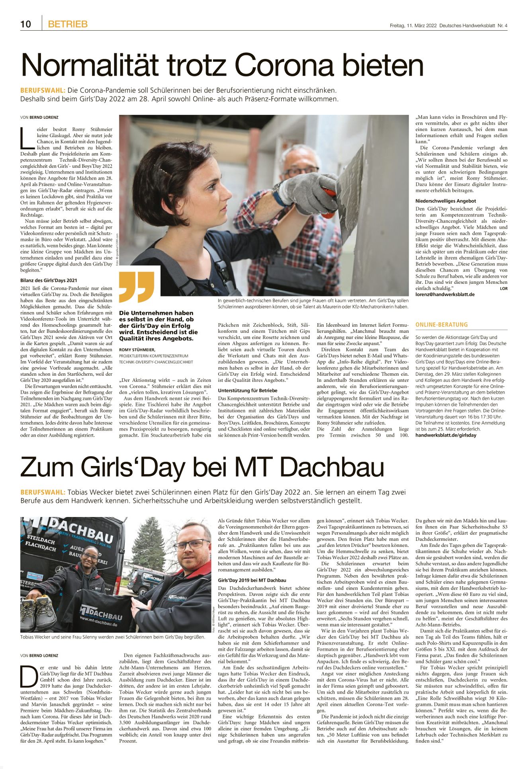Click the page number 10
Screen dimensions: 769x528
point(25,24)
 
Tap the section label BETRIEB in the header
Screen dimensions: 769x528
point(68,24)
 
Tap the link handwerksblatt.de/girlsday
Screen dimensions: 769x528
point(446,435)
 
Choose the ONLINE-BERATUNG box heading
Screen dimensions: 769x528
point(442,325)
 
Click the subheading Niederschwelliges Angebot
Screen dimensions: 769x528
point(446,201)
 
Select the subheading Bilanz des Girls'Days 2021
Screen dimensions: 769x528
point(49,280)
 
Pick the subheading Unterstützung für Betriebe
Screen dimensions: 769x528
point(247,390)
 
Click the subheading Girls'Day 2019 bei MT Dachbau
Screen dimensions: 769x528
point(252,580)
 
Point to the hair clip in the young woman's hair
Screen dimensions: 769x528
point(164,172)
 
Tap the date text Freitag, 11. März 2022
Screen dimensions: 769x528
point(413,26)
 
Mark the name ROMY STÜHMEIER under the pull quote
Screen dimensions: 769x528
point(137,350)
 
